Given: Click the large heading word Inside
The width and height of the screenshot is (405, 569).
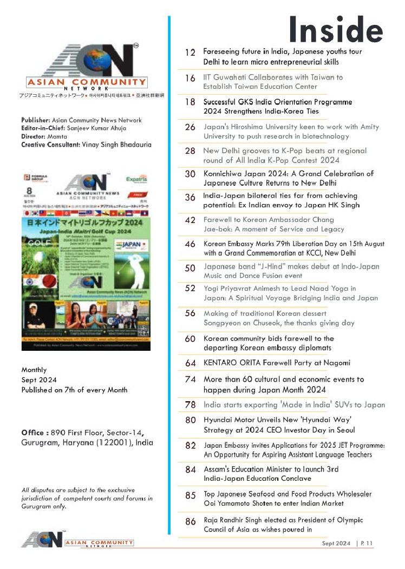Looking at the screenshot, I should pyautogui.click(x=336, y=30).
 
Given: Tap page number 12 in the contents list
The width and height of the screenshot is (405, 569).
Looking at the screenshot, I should pyautogui.click(x=190, y=53).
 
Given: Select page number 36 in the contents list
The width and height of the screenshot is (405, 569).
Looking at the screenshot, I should pyautogui.click(x=190, y=198).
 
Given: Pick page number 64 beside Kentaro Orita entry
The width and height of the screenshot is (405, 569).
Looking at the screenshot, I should pyautogui.click(x=190, y=363).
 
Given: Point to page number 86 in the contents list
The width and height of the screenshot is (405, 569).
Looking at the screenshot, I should pyautogui.click(x=190, y=522).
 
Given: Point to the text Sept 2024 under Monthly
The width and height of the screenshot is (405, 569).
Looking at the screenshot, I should pyautogui.click(x=39, y=380).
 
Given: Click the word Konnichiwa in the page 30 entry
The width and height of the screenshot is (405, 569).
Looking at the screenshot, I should pyautogui.click(x=223, y=174).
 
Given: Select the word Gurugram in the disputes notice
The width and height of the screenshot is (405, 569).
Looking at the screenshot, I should pyautogui.click(x=35, y=507).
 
